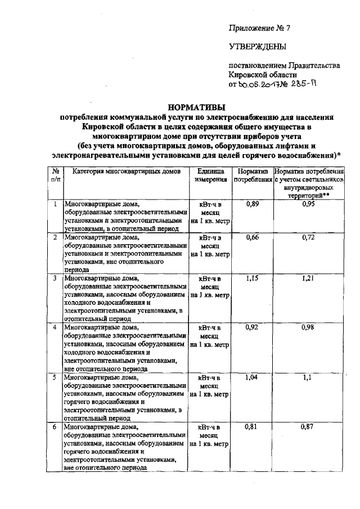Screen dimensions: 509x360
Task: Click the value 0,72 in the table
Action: click(308, 238)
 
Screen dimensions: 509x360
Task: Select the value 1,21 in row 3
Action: click(308, 278)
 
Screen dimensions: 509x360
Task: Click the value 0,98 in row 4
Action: click(308, 327)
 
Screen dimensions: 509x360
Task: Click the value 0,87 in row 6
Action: click(308, 427)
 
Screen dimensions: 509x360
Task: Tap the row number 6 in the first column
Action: click(55, 427)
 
